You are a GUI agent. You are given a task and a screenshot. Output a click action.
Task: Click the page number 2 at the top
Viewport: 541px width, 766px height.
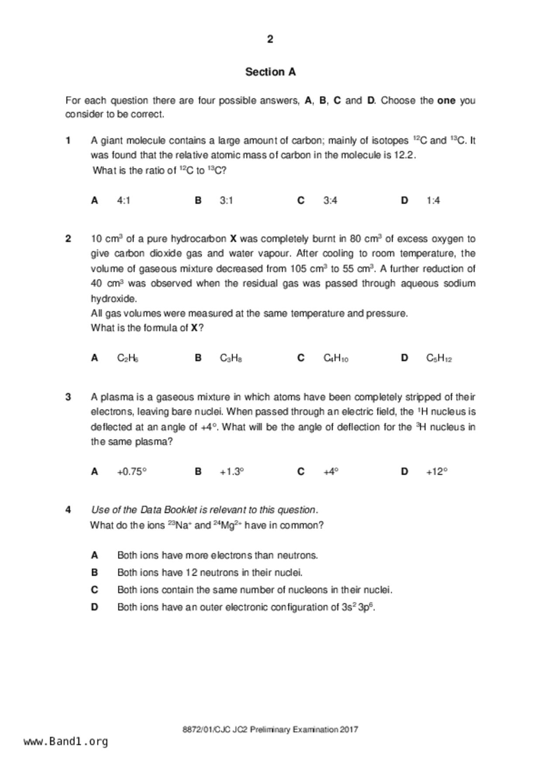point(270,39)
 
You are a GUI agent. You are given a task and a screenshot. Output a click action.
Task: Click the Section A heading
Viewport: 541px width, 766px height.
point(270,72)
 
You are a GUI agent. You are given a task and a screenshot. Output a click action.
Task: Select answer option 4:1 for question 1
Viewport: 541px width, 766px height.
point(124,200)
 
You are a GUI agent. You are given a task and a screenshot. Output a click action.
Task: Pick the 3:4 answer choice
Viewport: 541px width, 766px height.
point(330,200)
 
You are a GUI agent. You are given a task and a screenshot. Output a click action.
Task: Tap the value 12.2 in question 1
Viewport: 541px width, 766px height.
point(404,155)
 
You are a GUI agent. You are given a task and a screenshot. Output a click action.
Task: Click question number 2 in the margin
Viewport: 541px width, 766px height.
point(68,239)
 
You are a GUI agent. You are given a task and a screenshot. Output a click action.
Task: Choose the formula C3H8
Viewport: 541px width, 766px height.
point(231,359)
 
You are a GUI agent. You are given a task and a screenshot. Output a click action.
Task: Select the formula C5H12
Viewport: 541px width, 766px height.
point(439,359)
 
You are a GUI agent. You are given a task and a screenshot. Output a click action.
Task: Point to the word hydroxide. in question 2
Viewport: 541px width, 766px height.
point(114,299)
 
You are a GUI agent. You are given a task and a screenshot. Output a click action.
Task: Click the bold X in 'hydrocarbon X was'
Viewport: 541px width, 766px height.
point(233,239)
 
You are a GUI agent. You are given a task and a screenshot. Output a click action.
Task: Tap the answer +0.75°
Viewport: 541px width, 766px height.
point(131,472)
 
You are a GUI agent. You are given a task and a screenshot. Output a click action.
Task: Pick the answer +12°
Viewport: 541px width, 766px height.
point(437,472)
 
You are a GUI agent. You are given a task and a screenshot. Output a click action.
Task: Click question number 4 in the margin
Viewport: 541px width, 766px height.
point(68,510)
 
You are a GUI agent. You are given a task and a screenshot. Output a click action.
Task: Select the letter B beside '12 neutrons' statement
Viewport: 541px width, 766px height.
point(94,573)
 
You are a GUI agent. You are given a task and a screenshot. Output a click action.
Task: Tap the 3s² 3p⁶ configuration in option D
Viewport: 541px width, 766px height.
point(358,607)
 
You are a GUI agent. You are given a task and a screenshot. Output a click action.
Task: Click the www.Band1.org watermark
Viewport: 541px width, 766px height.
point(65,742)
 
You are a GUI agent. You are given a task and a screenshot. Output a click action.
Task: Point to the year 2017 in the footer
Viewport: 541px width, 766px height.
point(349,729)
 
